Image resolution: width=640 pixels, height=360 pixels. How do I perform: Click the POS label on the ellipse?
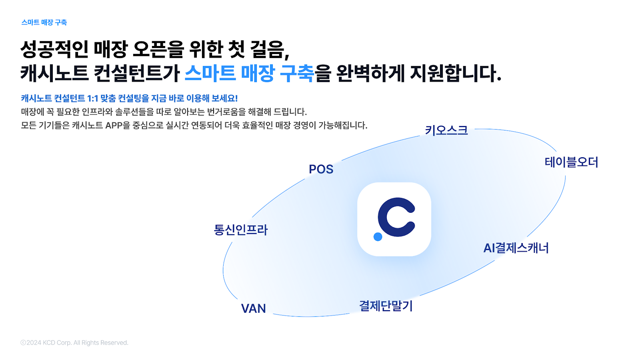click(x=321, y=169)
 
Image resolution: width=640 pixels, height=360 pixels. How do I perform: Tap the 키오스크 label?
click(x=446, y=130)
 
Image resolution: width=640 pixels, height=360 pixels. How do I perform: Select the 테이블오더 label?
click(x=571, y=162)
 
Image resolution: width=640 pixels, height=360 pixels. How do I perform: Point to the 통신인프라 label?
click(x=240, y=230)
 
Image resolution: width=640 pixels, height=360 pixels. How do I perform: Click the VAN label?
click(x=254, y=308)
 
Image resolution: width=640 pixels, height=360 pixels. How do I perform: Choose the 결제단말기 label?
click(x=386, y=306)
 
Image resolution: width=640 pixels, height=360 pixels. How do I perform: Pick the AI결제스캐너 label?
click(x=516, y=248)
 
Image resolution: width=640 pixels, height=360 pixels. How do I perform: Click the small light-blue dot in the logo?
click(x=378, y=236)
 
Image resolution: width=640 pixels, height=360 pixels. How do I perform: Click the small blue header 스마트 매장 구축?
click(x=44, y=22)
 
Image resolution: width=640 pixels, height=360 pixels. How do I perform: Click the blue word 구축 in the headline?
click(x=296, y=73)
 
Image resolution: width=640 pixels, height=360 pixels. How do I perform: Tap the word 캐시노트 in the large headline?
click(x=54, y=73)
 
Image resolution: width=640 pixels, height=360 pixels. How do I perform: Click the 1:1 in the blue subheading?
click(x=92, y=98)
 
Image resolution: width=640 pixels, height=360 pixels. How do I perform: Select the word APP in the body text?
click(x=114, y=126)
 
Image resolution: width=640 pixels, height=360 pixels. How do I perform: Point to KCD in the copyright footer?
click(x=49, y=342)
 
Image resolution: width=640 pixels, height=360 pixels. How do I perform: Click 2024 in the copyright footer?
click(x=34, y=342)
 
